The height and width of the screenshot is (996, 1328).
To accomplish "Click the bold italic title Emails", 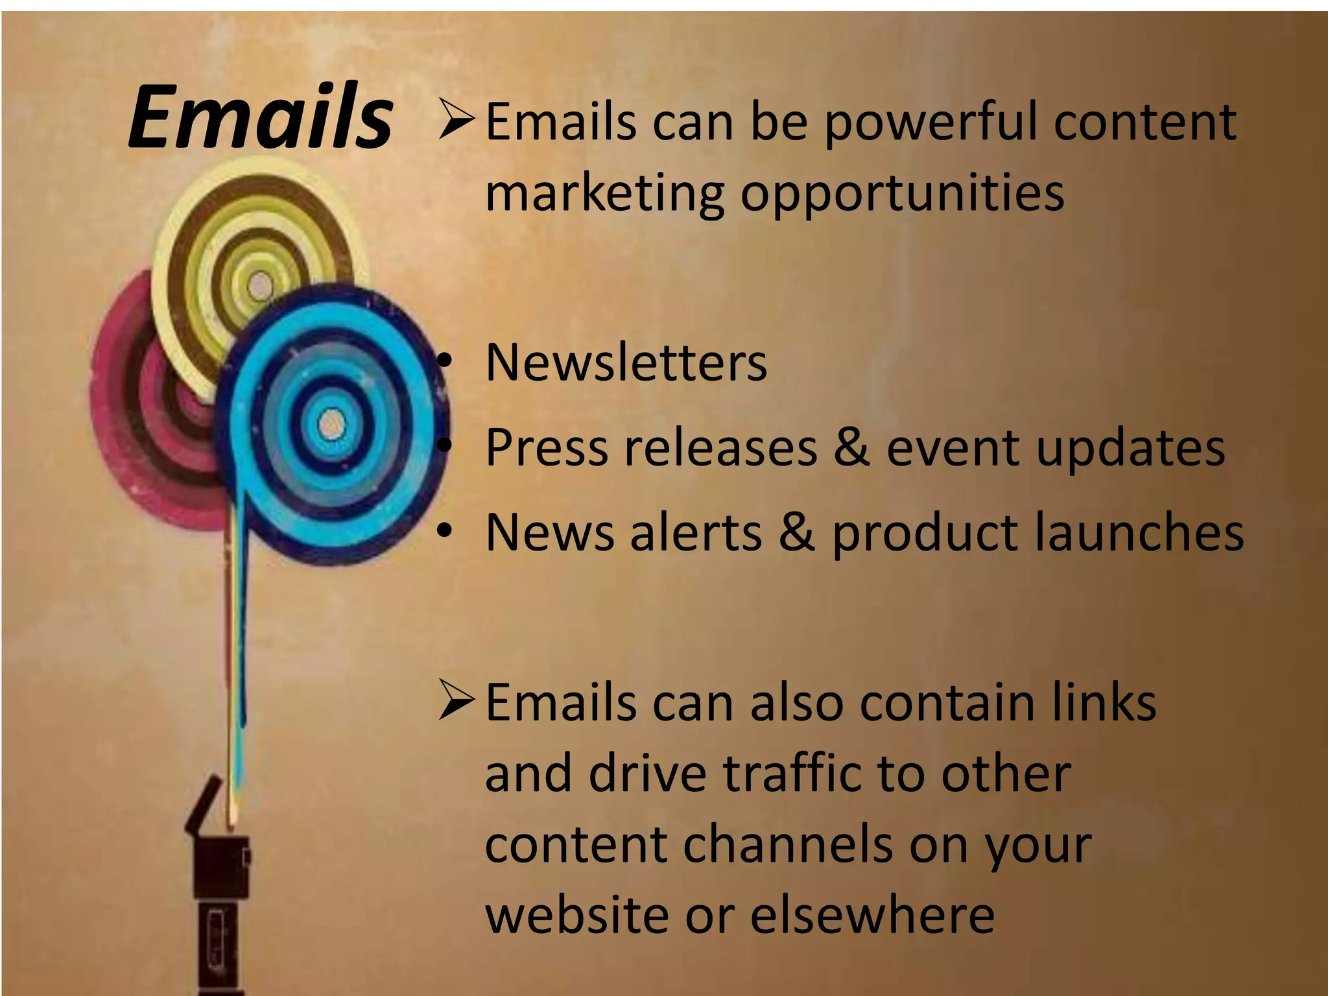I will click(260, 117).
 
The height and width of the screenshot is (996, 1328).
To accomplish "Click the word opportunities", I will click(902, 193).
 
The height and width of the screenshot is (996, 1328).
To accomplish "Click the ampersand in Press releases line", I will click(851, 447).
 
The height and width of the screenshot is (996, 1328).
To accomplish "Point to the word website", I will click(577, 914).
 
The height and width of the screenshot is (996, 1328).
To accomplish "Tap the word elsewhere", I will click(872, 914).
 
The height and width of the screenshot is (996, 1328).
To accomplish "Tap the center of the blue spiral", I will click(331, 425).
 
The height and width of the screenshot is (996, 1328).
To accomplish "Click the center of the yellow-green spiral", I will click(261, 286).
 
